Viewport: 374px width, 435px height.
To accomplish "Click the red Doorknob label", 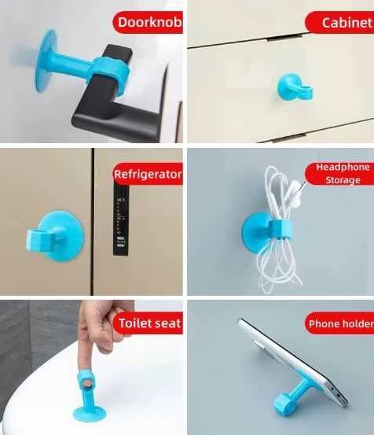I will (148, 23).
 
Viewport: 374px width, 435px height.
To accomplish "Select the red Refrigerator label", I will (148, 173).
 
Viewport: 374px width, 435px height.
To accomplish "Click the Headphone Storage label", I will (342, 173).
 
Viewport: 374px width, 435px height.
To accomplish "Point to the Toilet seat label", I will (148, 323).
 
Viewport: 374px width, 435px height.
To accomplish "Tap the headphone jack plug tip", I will (300, 187).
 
